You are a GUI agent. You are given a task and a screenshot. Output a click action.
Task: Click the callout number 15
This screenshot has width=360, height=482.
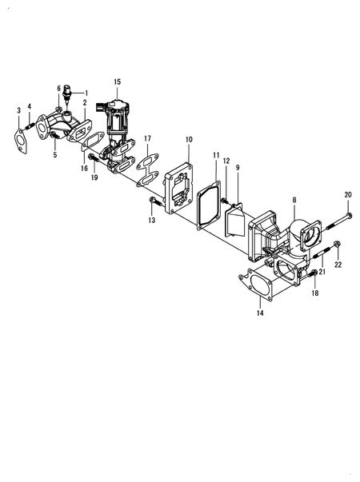tap(117, 82)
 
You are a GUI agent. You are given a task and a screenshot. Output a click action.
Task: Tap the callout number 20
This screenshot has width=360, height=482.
tap(347, 195)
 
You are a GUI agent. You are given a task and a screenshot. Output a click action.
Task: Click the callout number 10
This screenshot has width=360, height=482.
tap(189, 139)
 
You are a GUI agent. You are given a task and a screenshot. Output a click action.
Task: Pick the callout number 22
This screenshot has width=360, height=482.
tap(338, 264)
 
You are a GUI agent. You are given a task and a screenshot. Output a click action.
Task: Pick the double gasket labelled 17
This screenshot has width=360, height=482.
tap(146, 170)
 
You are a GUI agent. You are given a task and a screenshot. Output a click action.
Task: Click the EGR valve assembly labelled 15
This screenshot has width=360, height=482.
tap(118, 120)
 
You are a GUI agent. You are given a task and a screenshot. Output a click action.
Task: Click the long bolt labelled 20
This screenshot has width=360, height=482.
tap(340, 217)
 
